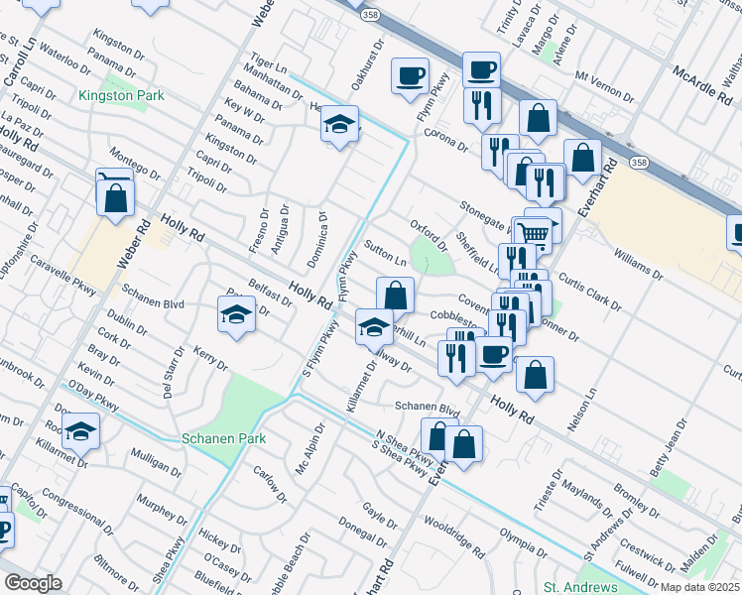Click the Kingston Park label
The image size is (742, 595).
coord(121,96)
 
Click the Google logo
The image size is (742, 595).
coord(33,583)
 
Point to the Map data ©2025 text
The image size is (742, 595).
coord(699,587)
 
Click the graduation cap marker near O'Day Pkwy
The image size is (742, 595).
coord(80,430)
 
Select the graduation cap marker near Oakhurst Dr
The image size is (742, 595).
coord(339,125)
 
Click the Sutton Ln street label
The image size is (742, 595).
coord(386,253)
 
